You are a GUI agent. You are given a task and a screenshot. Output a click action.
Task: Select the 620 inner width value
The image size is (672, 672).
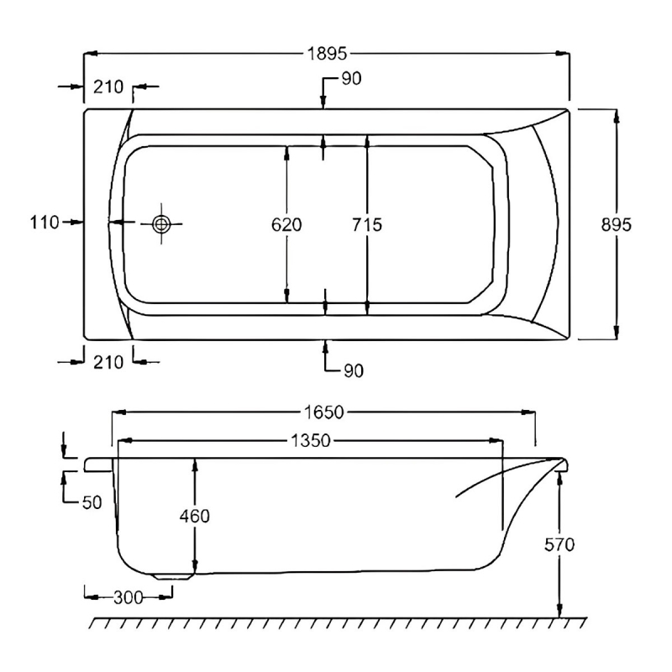[x=287, y=224]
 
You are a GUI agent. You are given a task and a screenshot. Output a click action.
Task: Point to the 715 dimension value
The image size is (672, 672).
[x=367, y=224]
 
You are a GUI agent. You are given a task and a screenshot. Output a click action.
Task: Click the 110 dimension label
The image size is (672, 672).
[x=44, y=223]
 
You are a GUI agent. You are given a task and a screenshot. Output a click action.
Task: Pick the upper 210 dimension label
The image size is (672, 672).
[x=108, y=87]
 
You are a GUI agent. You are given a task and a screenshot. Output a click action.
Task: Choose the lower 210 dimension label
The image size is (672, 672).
[x=108, y=362]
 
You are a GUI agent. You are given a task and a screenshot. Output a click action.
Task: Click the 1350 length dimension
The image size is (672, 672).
[x=310, y=441]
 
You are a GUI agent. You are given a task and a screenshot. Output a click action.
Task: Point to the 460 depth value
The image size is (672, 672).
[x=194, y=516]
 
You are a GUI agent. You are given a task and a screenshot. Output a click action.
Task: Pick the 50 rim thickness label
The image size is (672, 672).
[x=92, y=502]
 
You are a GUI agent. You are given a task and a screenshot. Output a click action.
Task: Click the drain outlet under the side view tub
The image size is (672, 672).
[x=172, y=575]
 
